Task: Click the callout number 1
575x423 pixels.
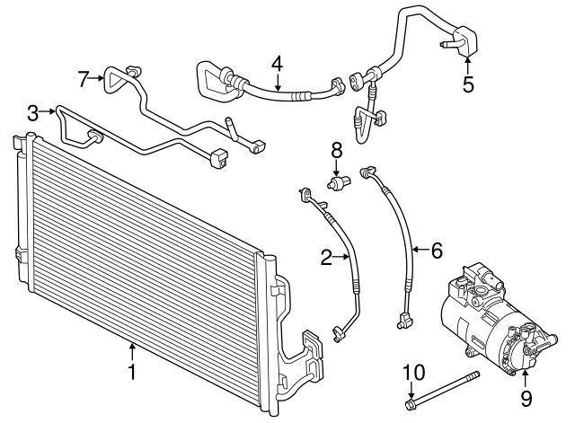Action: coord(132,370)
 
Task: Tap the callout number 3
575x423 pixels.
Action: coord(33,113)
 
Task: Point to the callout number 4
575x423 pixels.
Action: coord(278,64)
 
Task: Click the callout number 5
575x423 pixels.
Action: coord(467,85)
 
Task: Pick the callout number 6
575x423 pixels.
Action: coord(437,251)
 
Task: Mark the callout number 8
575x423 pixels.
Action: coord(337,149)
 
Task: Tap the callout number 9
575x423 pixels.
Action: coord(526,396)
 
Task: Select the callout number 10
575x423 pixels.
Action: coord(411,371)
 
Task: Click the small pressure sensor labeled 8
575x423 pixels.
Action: coord(339,182)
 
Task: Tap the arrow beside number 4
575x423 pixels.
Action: coord(278,84)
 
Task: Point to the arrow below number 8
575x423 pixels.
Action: coord(337,168)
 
